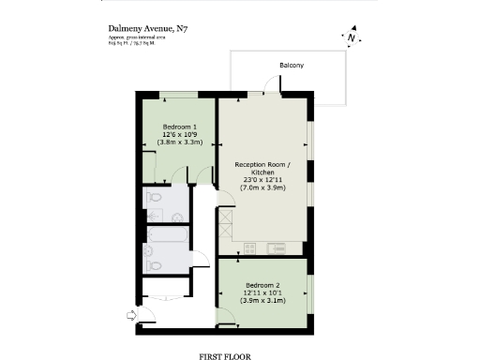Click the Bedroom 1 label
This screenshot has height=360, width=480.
click(x=179, y=127)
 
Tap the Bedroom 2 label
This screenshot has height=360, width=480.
click(x=262, y=284)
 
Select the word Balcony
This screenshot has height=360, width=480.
click(x=291, y=65)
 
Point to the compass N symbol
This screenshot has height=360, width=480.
click(x=351, y=38)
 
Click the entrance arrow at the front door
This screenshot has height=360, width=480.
click(x=129, y=317)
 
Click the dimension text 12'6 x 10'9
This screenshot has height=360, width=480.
click(x=179, y=134)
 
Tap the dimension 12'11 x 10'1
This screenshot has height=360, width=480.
click(x=262, y=292)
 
